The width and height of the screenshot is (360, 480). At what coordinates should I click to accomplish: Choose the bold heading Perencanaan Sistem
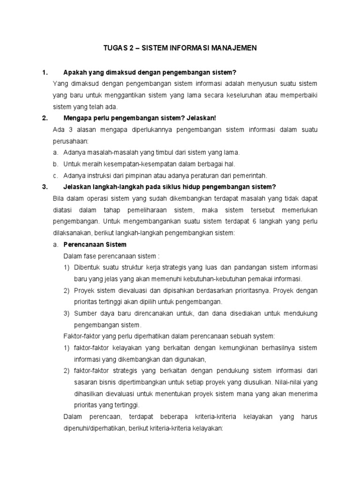coord(95,244)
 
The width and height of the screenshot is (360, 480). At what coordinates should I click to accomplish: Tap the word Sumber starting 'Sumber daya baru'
coord(85,313)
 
